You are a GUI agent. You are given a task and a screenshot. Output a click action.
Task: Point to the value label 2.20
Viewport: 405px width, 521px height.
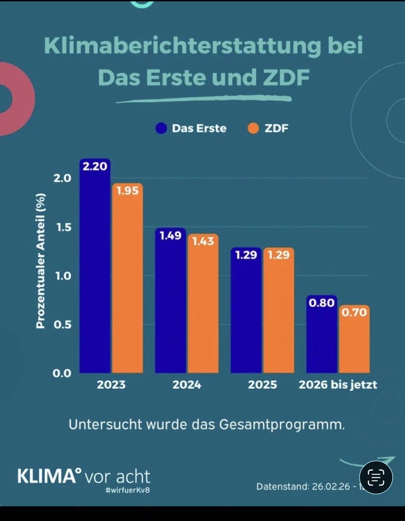(95, 166)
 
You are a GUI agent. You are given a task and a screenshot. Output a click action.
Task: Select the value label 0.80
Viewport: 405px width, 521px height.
(321, 303)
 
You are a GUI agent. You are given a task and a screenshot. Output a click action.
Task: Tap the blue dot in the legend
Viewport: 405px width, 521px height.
(161, 129)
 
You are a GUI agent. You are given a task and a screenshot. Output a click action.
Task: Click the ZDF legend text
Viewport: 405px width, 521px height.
(276, 129)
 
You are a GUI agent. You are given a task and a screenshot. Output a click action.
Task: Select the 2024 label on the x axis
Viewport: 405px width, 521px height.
(187, 385)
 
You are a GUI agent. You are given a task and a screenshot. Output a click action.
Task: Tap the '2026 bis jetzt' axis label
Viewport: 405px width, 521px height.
(338, 385)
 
